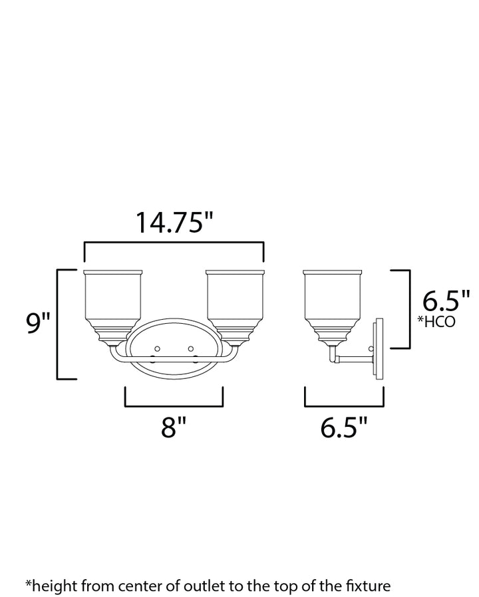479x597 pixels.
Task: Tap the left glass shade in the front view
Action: (114, 299)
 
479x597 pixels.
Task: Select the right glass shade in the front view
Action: (236, 299)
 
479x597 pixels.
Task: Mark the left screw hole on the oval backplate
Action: (158, 349)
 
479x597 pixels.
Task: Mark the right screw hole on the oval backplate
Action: (191, 349)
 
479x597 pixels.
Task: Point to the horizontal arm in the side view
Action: (353, 360)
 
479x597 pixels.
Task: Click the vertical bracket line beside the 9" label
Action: (58, 324)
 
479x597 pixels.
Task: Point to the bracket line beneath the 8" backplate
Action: (173, 405)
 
